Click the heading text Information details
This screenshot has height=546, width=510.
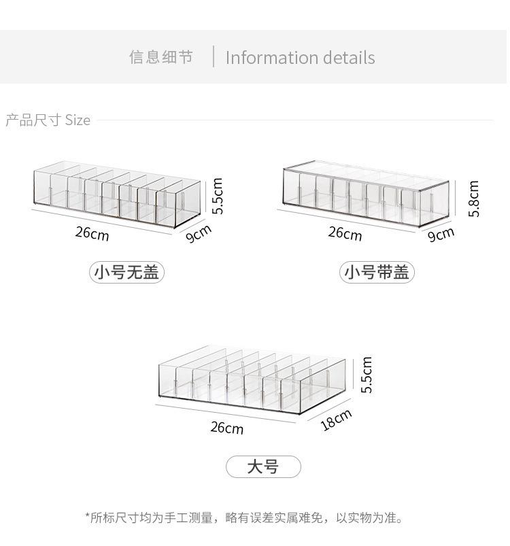pyautogui.click(x=300, y=57)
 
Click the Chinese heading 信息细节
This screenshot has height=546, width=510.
pyautogui.click(x=161, y=57)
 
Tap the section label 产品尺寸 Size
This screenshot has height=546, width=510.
pyautogui.click(x=48, y=120)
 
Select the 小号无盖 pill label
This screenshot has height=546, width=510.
pyautogui.click(x=126, y=272)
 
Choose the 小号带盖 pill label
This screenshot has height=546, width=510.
pyautogui.click(x=377, y=272)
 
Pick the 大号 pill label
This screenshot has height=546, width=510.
pyautogui.click(x=263, y=466)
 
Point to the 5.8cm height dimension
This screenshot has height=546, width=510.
pyautogui.click(x=474, y=199)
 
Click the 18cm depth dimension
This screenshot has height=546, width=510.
pyautogui.click(x=336, y=420)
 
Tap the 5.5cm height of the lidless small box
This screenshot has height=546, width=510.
pyautogui.click(x=217, y=196)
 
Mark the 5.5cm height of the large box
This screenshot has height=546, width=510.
pyautogui.click(x=367, y=375)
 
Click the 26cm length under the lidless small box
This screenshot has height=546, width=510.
pyautogui.click(x=92, y=233)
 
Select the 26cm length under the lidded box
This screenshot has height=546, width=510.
pyautogui.click(x=345, y=233)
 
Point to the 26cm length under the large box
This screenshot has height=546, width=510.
pyautogui.click(x=227, y=427)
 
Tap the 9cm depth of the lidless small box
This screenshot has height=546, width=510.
pyautogui.click(x=199, y=233)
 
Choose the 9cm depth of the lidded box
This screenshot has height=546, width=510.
pyautogui.click(x=441, y=235)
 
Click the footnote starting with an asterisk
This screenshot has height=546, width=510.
pyautogui.click(x=244, y=518)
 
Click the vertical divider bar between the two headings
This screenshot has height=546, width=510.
pyautogui.click(x=214, y=56)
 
